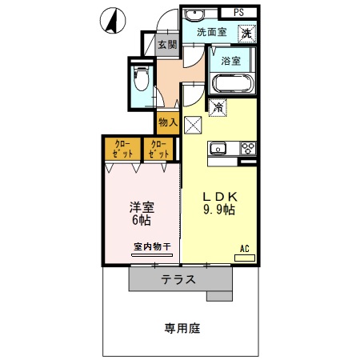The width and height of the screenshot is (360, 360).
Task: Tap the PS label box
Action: pos(238,12)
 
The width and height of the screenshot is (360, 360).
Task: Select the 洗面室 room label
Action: pos(212,33)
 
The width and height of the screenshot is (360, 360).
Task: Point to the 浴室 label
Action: pos(231,59)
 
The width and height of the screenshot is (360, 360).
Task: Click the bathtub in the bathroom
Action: pos(231,82)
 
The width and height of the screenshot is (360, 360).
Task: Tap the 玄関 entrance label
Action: pos(166,46)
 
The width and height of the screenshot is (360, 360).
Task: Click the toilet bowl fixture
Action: pos(142,81)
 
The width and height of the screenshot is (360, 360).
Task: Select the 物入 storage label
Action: pos(167,122)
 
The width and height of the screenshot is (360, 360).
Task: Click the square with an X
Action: pos(193,123)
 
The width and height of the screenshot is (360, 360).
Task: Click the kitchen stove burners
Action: pos(248,148)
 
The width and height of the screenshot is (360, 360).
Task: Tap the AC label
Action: pos(246,250)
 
